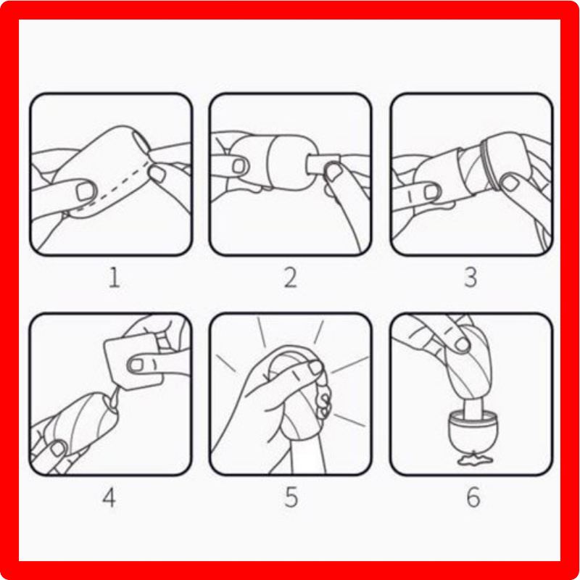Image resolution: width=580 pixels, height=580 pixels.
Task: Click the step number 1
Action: tap(115, 278)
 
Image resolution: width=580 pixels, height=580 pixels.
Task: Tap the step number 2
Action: tap(291, 278)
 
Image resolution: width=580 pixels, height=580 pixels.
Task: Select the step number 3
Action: tap(471, 278)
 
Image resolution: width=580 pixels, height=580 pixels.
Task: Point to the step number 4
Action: tap(109, 497)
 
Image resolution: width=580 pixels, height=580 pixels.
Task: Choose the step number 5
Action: tap(291, 497)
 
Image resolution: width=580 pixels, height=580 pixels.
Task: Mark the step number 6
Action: tap(473, 497)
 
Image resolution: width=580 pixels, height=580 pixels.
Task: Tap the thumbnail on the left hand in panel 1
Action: tap(86, 191)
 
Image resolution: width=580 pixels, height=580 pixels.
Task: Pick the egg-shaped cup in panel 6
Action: tap(473, 429)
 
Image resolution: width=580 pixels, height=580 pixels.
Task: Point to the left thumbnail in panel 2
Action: tap(239, 166)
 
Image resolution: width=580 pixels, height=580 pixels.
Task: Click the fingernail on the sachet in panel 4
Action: tap(136, 365)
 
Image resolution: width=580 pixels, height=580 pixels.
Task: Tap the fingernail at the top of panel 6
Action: tap(463, 345)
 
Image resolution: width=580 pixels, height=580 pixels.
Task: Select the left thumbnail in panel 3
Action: tap(431, 191)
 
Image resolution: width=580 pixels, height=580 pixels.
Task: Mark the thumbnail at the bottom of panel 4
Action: tap(57, 449)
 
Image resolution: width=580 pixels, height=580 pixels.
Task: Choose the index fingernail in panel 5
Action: tap(315, 368)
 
